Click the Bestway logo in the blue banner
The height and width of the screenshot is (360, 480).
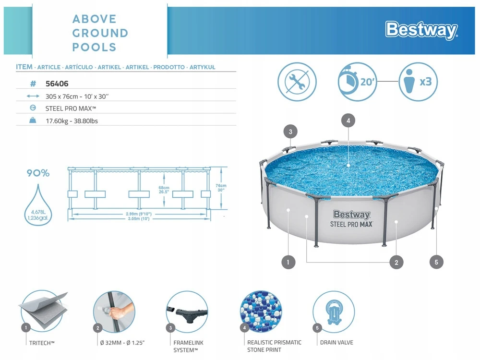pos(421,30)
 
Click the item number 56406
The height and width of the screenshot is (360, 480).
pos(57,84)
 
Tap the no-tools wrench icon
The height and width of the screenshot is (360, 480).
pos(297,82)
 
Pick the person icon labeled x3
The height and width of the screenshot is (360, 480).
pos(418,82)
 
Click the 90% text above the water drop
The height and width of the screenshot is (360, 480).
pos(38,173)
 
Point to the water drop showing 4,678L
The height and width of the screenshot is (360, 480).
pos(38,204)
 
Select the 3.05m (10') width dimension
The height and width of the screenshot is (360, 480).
pos(139,218)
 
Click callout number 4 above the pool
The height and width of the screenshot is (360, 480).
pos(348,120)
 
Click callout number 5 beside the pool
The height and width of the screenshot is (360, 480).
pos(436,262)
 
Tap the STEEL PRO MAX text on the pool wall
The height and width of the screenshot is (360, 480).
pos(351,224)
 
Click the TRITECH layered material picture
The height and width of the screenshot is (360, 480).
pos(43,312)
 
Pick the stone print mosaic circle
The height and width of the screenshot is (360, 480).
pos(261,312)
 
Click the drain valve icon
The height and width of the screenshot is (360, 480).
pos(334,312)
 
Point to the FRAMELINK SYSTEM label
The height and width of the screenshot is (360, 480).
pos(188,347)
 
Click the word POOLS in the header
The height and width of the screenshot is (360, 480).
pos(94,48)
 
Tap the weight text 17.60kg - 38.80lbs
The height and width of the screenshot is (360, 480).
pos(72,121)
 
